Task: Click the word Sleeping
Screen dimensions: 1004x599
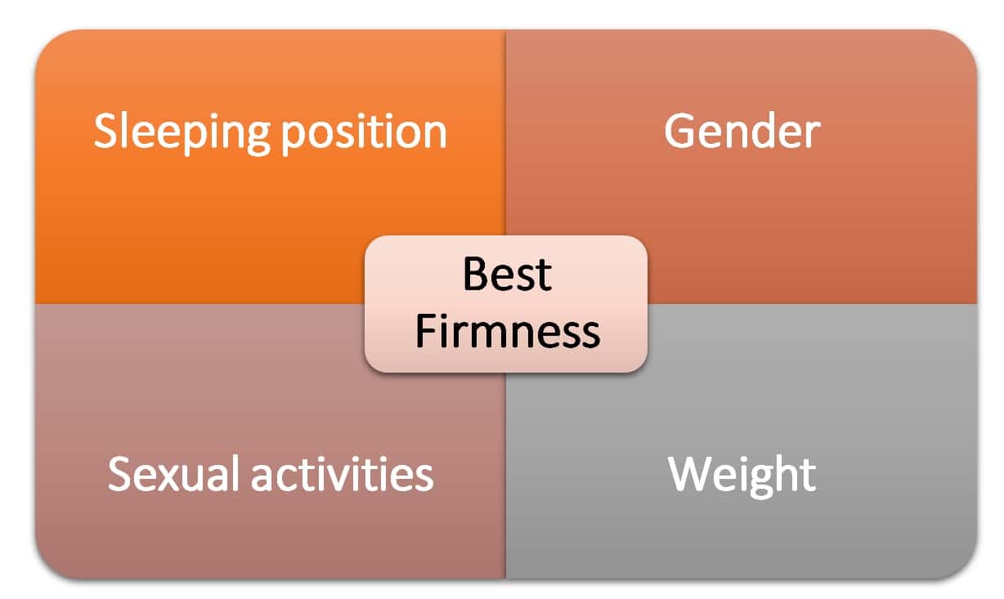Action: pos(182,133)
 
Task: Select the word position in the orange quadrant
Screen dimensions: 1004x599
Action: pos(364,133)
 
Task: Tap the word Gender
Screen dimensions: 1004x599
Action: pos(742,131)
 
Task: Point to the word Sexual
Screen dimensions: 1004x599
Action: pos(173,474)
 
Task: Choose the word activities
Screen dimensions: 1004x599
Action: pos(342,474)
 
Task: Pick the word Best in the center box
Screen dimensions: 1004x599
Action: pos(507,275)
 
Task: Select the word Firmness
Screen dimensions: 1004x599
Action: pos(508,331)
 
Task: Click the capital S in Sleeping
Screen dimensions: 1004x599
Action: pos(105,131)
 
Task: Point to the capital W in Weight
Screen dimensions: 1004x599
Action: pos(690,474)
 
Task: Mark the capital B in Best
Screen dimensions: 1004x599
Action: pos(476,275)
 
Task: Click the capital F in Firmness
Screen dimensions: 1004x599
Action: pos(426,331)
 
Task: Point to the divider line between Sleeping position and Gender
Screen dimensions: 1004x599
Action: pos(505,133)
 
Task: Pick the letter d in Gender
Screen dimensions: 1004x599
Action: pos(764,131)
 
